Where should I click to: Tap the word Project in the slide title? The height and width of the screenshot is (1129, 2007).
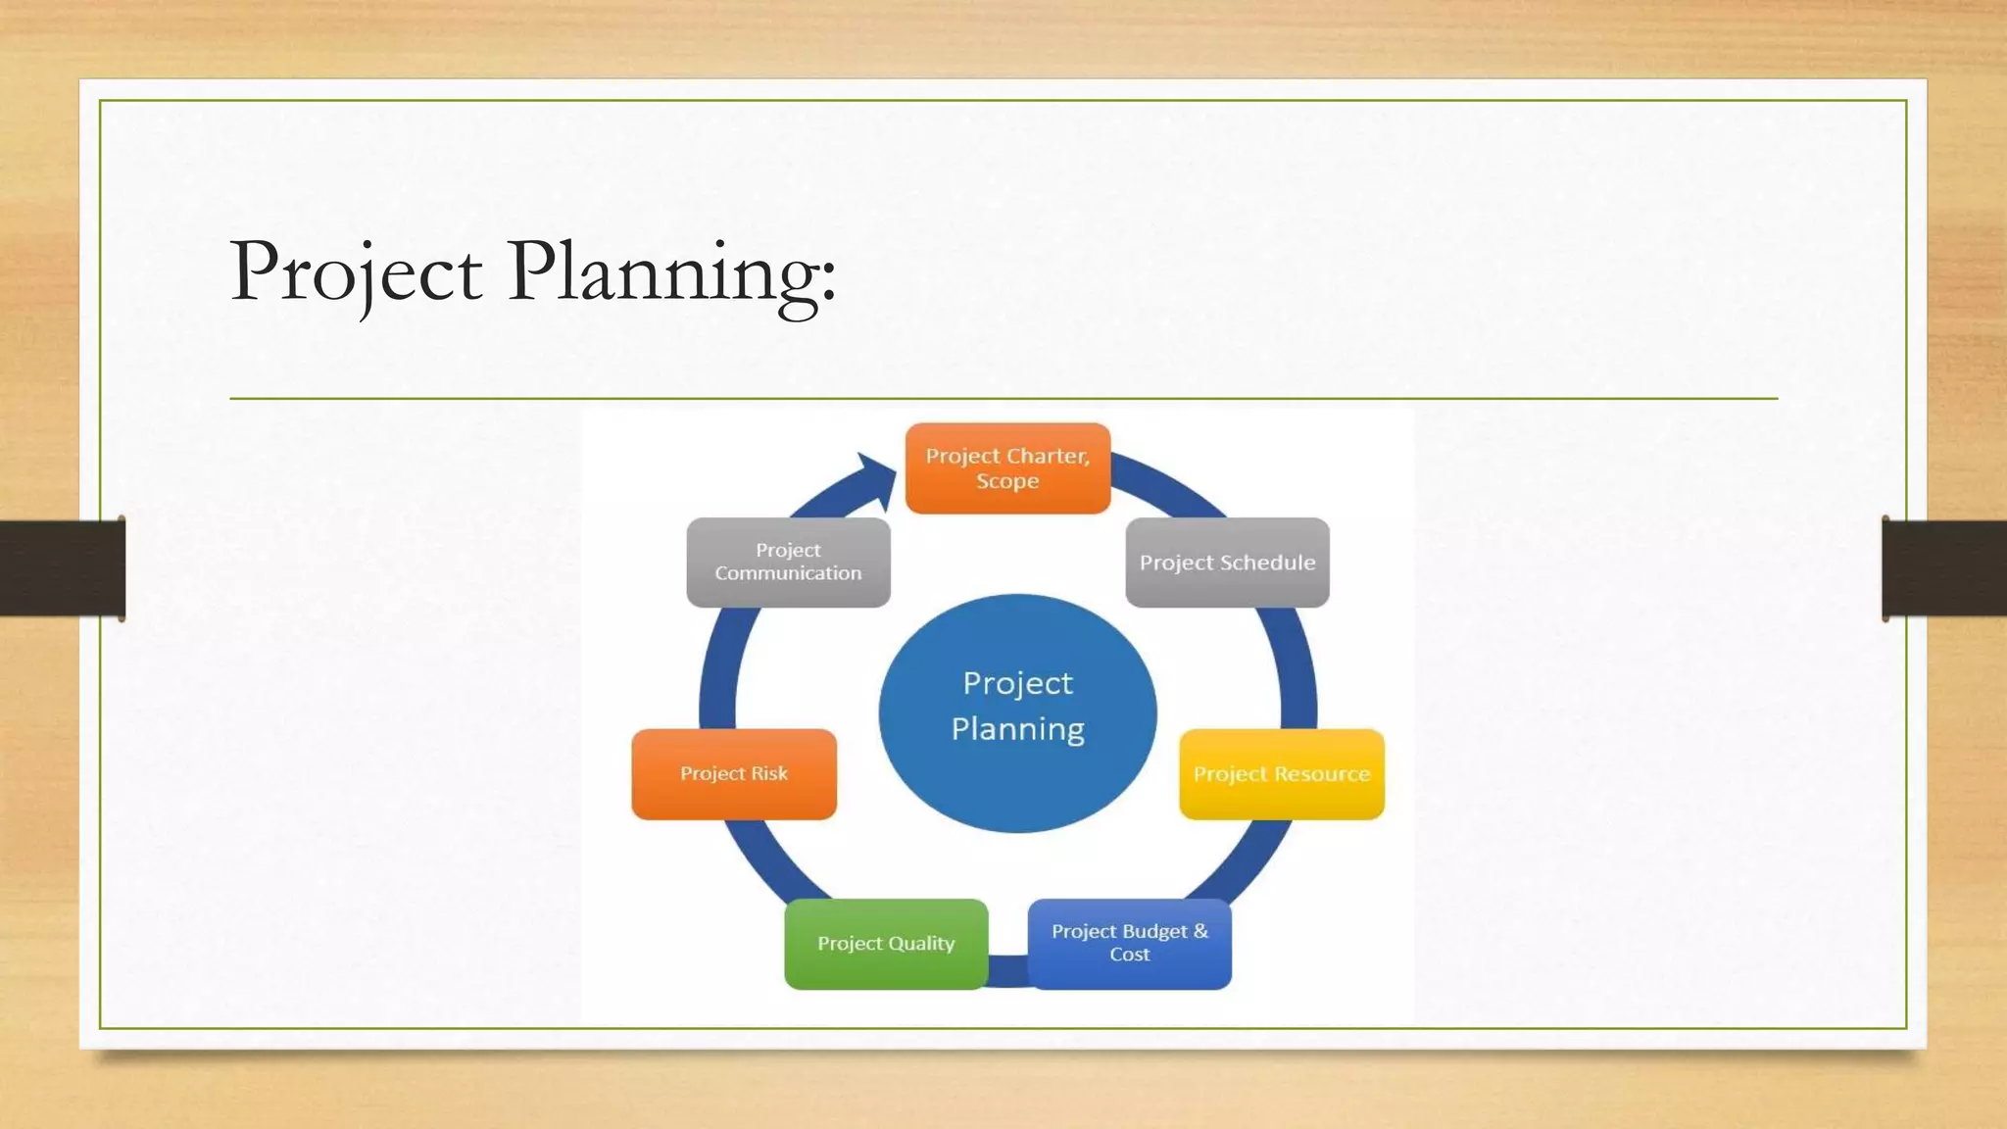click(x=356, y=271)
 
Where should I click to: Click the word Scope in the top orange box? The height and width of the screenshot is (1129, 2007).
click(x=1007, y=481)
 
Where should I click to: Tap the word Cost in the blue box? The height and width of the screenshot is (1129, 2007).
click(x=1129, y=955)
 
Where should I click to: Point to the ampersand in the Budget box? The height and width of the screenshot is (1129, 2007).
click(x=1200, y=931)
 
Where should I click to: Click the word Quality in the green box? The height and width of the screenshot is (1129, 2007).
click(x=921, y=944)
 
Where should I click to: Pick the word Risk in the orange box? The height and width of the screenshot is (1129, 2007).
click(x=769, y=773)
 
